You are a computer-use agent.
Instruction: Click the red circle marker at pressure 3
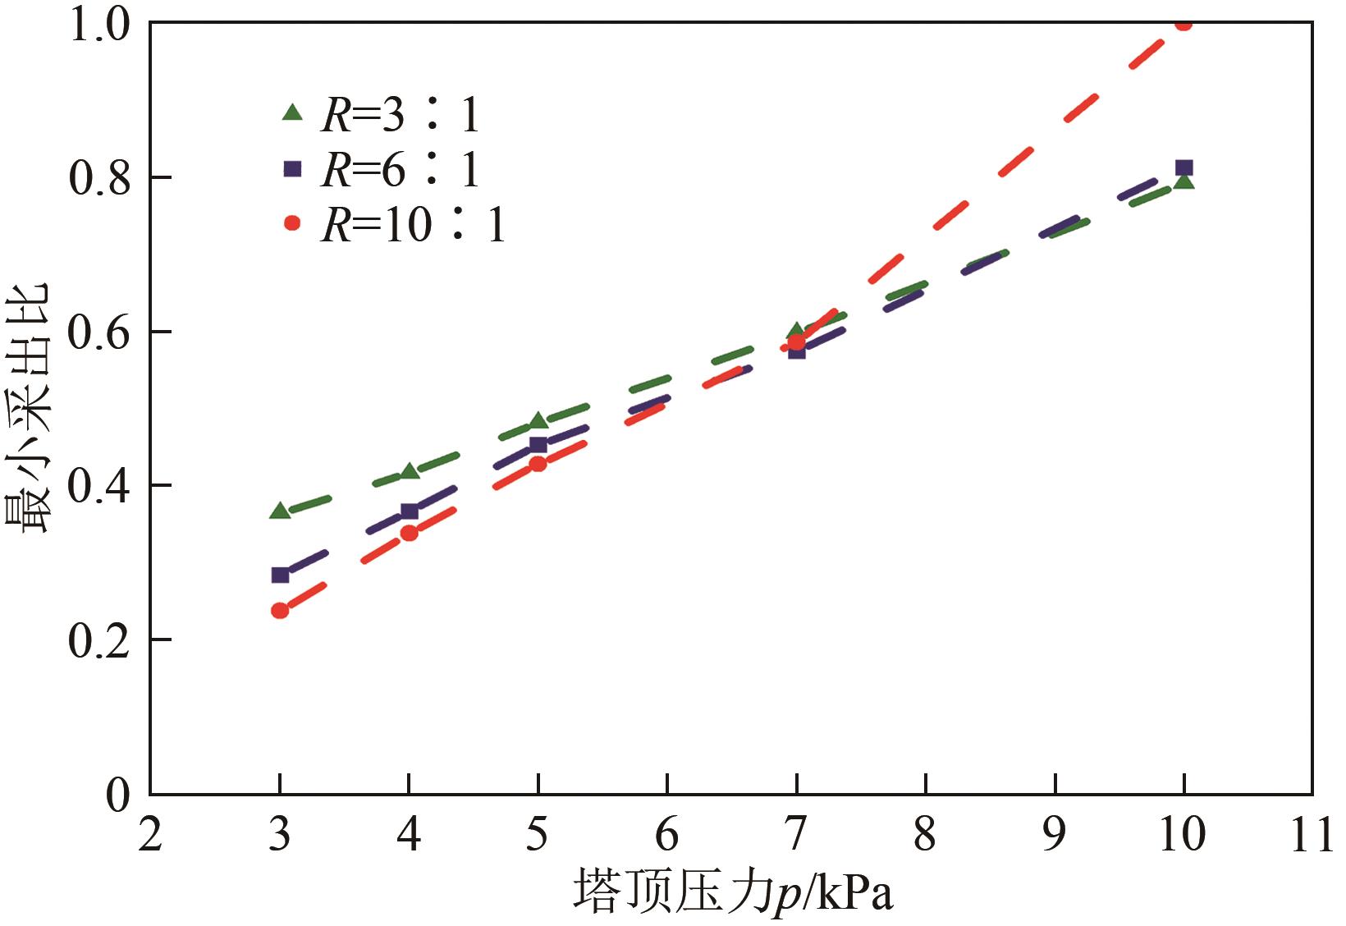click(x=280, y=610)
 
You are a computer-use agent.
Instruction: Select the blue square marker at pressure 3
click(x=280, y=575)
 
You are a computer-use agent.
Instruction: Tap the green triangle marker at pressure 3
click(x=280, y=511)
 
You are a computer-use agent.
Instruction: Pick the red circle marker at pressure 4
click(x=409, y=533)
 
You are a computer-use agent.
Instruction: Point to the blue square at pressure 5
click(x=538, y=445)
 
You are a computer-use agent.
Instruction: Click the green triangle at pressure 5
click(x=538, y=420)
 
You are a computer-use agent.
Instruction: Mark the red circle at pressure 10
click(x=1183, y=24)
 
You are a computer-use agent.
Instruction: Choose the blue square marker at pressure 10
click(x=1183, y=168)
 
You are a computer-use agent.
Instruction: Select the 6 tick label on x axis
click(x=666, y=835)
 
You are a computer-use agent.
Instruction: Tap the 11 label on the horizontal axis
click(x=1311, y=835)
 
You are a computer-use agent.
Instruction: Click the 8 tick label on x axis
click(x=925, y=835)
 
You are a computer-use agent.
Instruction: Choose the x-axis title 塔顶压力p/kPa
click(x=732, y=892)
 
